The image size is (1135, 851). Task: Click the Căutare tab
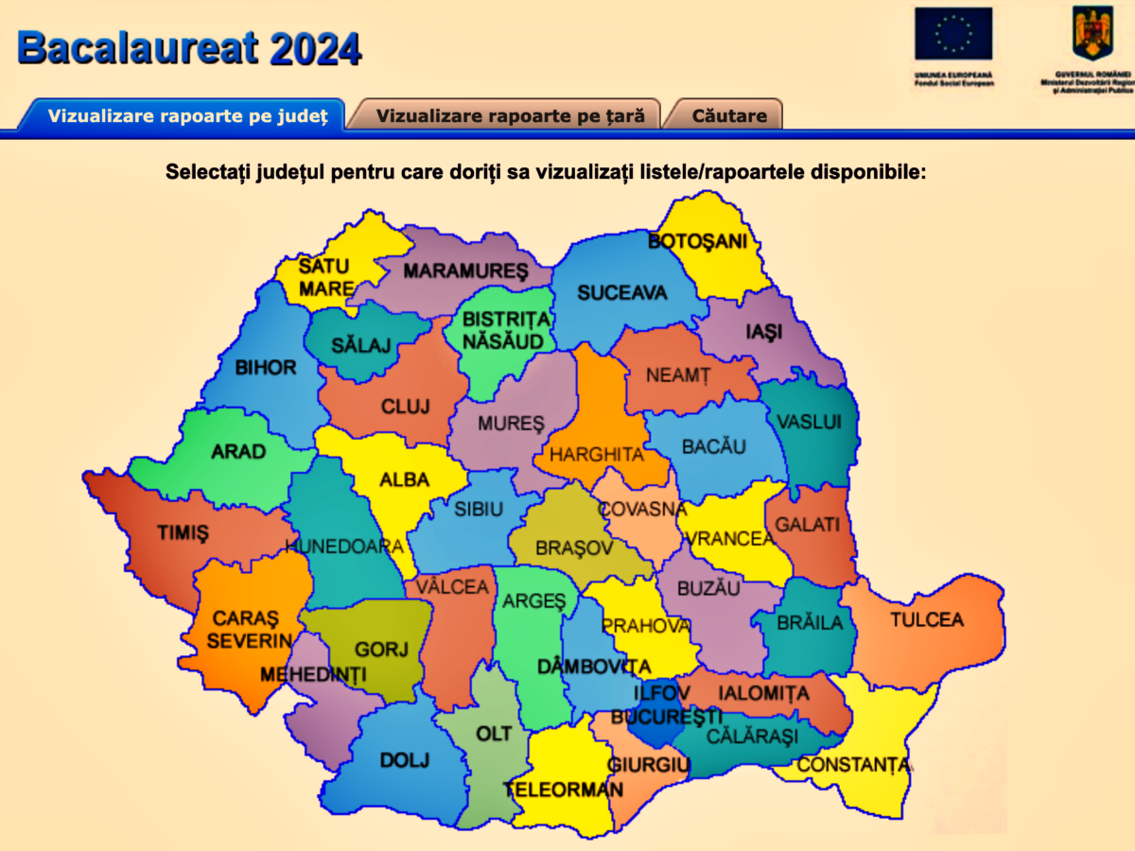click(x=729, y=116)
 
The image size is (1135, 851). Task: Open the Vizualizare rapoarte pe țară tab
click(x=510, y=116)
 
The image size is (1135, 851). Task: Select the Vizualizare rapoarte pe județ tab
click(x=187, y=116)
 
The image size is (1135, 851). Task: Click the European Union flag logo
click(x=952, y=34)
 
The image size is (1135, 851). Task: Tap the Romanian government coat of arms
click(x=1092, y=32)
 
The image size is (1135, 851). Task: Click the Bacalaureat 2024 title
click(x=189, y=47)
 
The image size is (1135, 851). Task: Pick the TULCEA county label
click(x=926, y=620)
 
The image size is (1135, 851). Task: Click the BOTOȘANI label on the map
click(x=697, y=241)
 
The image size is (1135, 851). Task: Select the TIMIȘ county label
click(x=183, y=533)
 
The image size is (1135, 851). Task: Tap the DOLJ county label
click(x=405, y=760)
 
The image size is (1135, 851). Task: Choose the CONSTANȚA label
click(x=854, y=765)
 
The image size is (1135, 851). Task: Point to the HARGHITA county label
click(x=597, y=455)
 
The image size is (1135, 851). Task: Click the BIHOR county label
click(x=266, y=367)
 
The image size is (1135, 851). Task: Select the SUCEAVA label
click(x=621, y=293)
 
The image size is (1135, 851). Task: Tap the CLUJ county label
click(x=405, y=407)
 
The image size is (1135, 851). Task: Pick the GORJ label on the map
click(x=381, y=650)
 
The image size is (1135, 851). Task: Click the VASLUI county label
click(x=808, y=422)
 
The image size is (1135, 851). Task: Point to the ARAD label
click(x=238, y=452)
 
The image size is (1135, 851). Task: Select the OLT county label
click(x=494, y=734)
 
